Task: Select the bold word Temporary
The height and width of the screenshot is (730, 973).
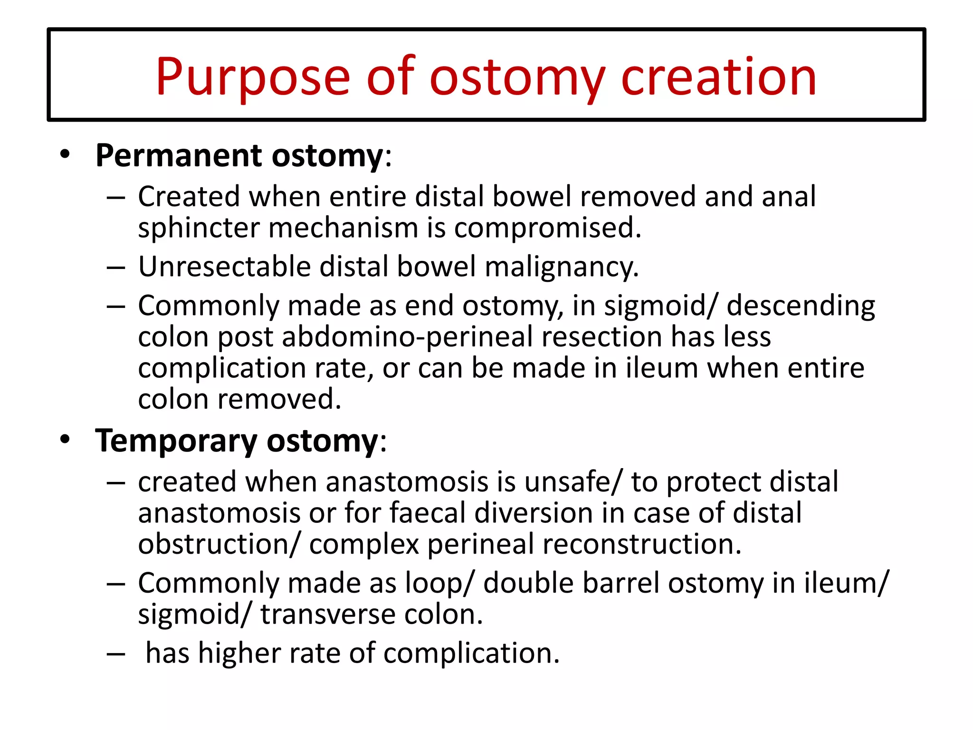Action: (176, 441)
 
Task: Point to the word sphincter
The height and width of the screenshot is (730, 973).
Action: (199, 229)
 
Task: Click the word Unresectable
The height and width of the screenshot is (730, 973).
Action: (224, 267)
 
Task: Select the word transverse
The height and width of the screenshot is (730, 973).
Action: (327, 615)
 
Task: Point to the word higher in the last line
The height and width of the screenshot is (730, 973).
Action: (239, 653)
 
